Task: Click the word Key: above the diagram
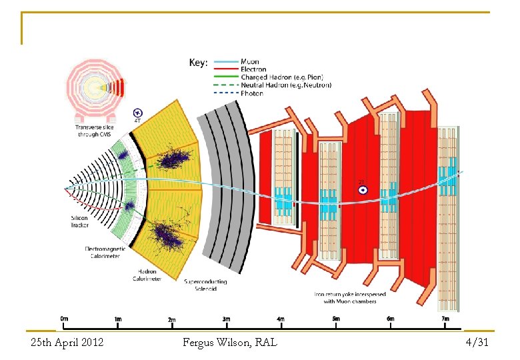pyautogui.click(x=198, y=63)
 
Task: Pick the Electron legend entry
pyautogui.click(x=253, y=69)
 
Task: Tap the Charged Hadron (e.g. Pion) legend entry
pyautogui.click(x=281, y=77)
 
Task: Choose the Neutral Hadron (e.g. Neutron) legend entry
pyautogui.click(x=286, y=85)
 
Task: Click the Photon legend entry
pyautogui.click(x=252, y=93)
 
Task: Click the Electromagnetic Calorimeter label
pyautogui.click(x=102, y=252)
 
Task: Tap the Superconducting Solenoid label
pyautogui.click(x=205, y=285)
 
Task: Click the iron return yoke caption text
pyautogui.click(x=346, y=297)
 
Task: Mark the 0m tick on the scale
pyautogui.click(x=64, y=319)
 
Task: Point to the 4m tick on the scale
pyautogui.click(x=281, y=319)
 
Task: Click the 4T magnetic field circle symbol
pyautogui.click(x=138, y=113)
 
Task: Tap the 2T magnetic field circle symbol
pyautogui.click(x=363, y=190)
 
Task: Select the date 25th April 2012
pyautogui.click(x=67, y=343)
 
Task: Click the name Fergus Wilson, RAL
pyautogui.click(x=230, y=343)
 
